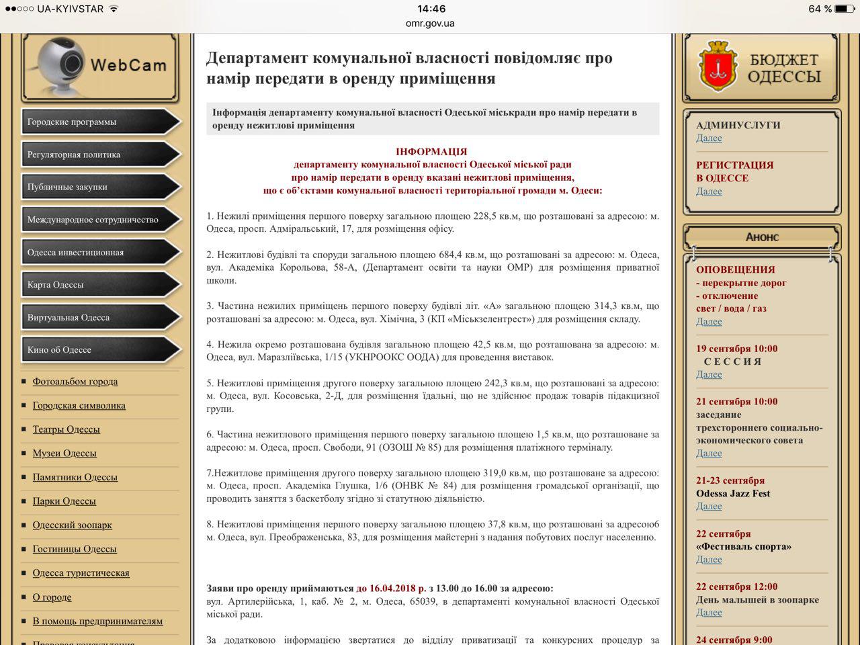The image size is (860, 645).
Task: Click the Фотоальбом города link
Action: (x=75, y=382)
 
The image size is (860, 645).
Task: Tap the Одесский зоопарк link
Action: (x=73, y=525)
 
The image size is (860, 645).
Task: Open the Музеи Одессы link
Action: (x=64, y=454)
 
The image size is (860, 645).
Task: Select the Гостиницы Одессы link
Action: (x=75, y=549)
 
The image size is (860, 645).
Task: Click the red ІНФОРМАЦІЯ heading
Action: (x=431, y=152)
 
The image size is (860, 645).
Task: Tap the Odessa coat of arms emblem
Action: (x=718, y=66)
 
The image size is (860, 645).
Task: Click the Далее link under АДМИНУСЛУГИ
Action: (x=709, y=138)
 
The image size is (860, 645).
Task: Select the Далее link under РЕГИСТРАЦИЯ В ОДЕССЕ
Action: (x=709, y=191)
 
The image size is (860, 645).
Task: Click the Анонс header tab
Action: (x=762, y=237)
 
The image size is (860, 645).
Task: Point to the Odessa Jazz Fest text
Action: (x=733, y=493)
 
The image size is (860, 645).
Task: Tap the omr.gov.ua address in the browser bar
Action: (x=430, y=24)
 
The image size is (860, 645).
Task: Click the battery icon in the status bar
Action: (x=845, y=9)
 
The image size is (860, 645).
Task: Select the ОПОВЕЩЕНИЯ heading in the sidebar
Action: (x=735, y=269)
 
